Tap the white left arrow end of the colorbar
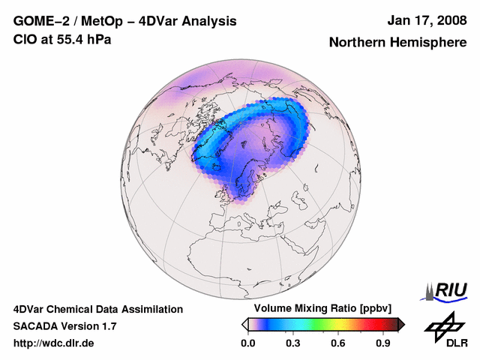point(244,324)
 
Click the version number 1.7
point(107,326)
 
